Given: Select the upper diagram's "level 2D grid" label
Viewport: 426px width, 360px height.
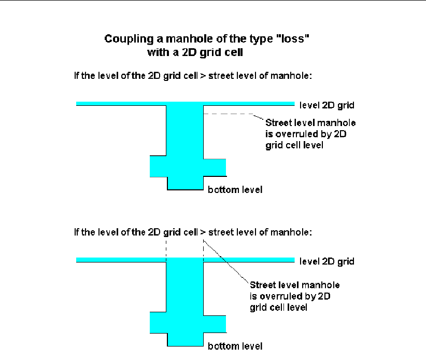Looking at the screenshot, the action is pyautogui.click(x=327, y=105).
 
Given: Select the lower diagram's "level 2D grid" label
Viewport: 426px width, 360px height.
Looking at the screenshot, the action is pyautogui.click(x=327, y=261).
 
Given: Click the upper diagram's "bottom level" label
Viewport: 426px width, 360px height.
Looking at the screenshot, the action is pyautogui.click(x=235, y=190).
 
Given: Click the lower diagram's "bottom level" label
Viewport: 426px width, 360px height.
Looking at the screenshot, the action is pyautogui.click(x=235, y=345).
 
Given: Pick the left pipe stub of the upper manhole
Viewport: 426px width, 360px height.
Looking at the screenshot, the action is pyautogui.click(x=158, y=166).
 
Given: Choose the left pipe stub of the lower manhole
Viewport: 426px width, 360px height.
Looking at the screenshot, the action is pyautogui.click(x=158, y=322).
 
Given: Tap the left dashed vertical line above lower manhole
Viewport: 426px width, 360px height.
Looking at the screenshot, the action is pyautogui.click(x=165, y=248).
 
